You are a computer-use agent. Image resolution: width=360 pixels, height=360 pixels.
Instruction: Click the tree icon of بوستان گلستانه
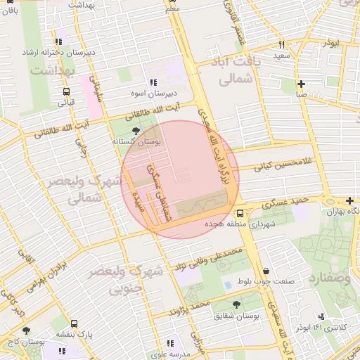136,131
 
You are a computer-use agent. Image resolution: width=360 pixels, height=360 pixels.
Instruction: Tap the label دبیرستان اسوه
162,92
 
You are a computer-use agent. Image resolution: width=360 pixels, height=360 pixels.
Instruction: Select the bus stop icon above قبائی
66,91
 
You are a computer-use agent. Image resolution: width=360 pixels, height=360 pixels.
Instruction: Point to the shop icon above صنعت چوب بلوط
266,271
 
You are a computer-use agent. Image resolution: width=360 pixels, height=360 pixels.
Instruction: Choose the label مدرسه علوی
167,355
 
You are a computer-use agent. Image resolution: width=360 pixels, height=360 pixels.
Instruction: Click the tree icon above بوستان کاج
27,330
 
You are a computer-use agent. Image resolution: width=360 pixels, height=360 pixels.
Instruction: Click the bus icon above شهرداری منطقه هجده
240,213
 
